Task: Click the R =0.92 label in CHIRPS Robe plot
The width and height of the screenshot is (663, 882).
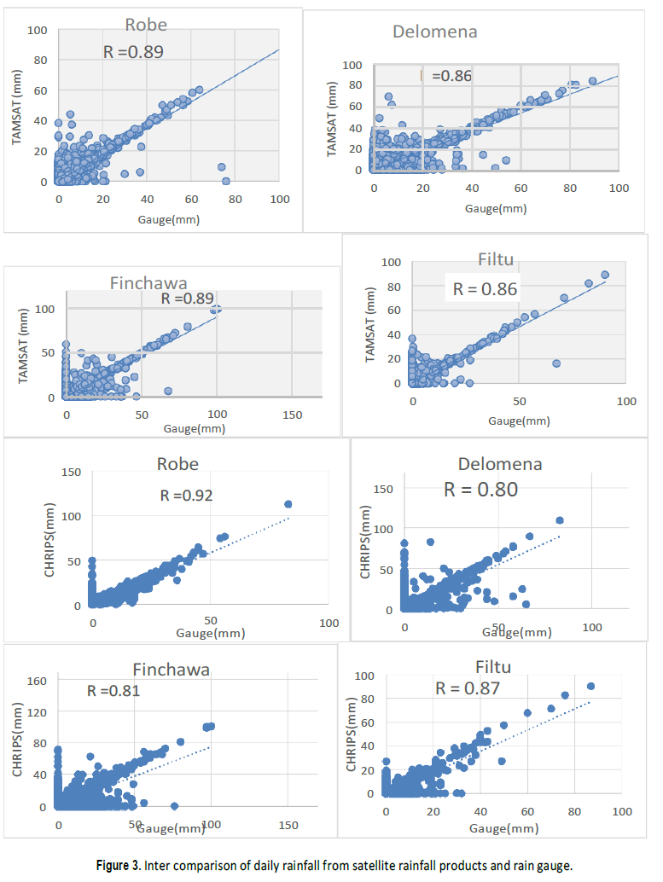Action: [186, 495]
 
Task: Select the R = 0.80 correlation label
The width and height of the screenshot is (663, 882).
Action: [480, 490]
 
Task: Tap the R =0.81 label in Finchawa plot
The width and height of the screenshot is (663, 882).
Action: [113, 691]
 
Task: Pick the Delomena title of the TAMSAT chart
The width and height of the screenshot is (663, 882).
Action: [434, 32]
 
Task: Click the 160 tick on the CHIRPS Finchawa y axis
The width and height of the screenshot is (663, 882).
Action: [36, 680]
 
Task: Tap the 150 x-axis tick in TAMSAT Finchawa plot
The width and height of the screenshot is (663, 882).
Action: [292, 414]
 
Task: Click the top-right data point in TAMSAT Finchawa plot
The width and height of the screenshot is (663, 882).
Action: [216, 309]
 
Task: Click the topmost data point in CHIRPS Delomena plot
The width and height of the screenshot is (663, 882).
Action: [560, 520]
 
